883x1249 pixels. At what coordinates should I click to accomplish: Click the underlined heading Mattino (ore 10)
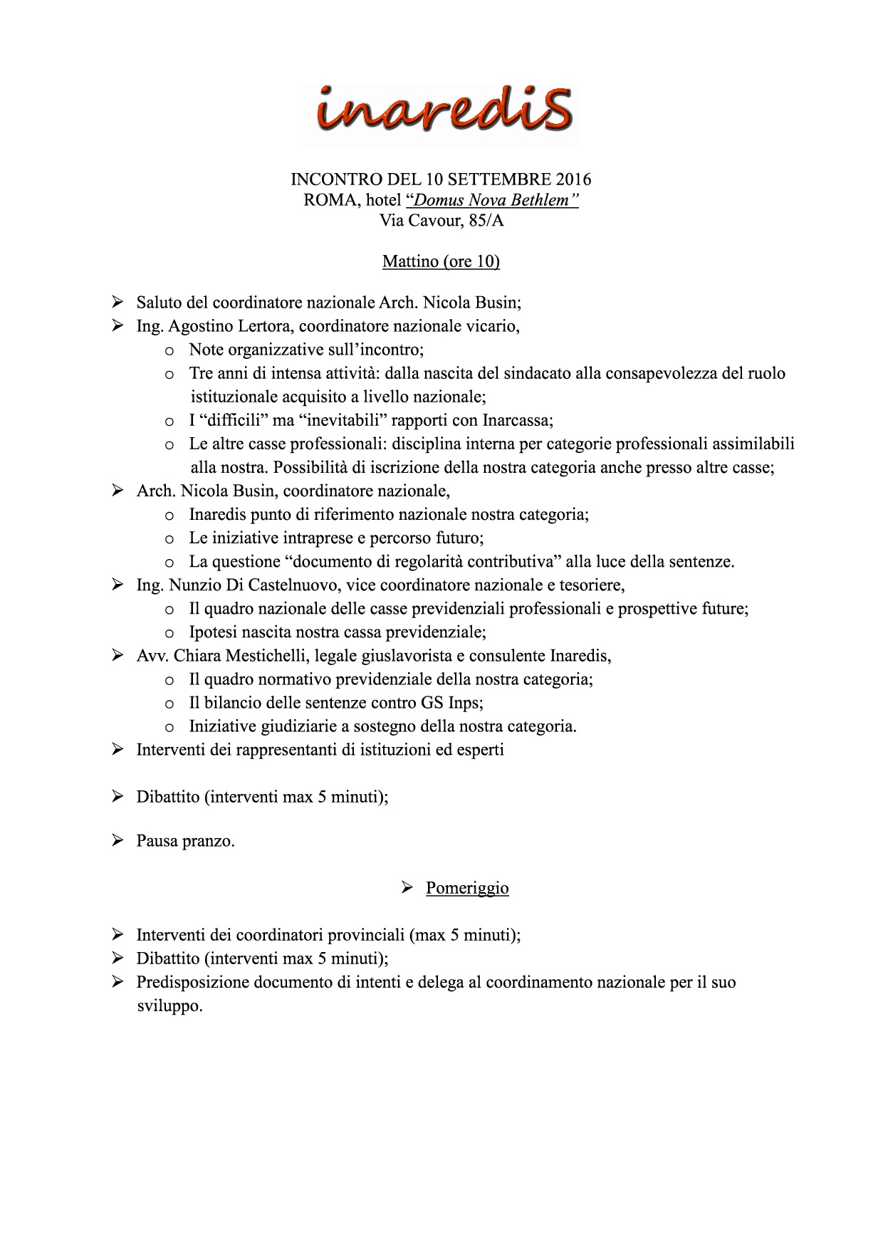point(441,262)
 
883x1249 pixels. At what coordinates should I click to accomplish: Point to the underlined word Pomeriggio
point(467,888)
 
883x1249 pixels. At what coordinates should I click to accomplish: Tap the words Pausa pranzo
point(185,841)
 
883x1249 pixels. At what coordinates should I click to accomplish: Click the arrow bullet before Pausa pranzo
point(118,841)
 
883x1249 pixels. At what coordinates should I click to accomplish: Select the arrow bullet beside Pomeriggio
point(407,887)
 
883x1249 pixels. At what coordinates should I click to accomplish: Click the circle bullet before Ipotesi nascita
point(169,633)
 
